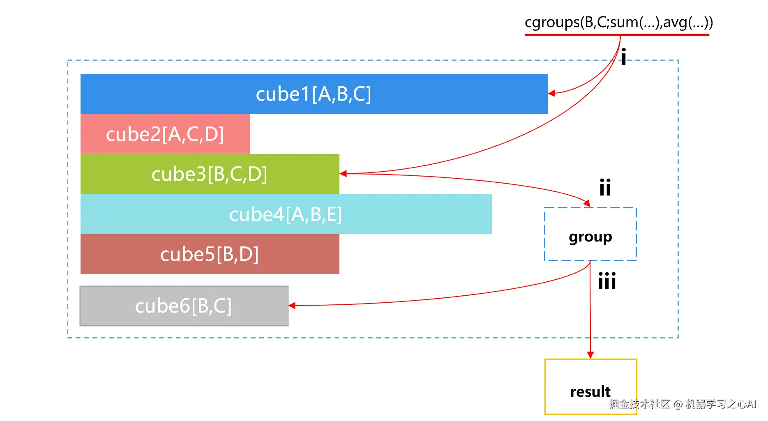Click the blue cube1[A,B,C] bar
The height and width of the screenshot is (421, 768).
coord(314,94)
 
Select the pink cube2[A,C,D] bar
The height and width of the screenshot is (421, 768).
coord(165,134)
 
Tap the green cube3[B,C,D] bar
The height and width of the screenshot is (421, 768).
coord(210,174)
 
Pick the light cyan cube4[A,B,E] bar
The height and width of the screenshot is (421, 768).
coord(286,214)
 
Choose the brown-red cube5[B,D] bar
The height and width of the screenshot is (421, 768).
coord(210,254)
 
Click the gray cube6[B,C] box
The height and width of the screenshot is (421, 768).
coord(184,306)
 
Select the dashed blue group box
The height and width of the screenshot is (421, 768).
coord(590,234)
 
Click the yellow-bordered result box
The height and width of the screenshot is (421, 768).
coord(591,386)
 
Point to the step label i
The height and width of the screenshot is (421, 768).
coord(624,57)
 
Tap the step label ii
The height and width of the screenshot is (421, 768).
coord(605,187)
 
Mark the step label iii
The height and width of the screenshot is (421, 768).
coord(607,281)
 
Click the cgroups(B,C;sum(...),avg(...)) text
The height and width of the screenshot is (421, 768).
coord(619,22)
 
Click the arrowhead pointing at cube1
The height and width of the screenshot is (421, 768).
coord(551,94)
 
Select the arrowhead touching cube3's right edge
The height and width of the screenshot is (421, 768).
coord(343,174)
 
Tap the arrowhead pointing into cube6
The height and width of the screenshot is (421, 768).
coord(292,306)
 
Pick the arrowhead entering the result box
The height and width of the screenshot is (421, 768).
coord(590,355)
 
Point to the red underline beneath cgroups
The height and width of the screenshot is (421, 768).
coord(617,35)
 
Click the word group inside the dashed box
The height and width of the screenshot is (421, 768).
coord(590,237)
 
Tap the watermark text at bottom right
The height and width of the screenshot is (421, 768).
coord(683,404)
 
